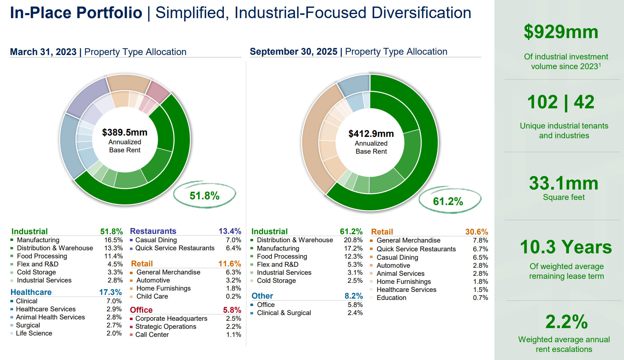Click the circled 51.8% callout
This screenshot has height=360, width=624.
(x=204, y=196)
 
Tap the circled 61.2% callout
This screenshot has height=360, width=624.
(x=448, y=201)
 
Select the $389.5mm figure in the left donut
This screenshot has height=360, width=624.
(x=125, y=133)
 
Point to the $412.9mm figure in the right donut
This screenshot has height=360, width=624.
(x=371, y=134)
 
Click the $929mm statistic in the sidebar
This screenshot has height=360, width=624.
(x=561, y=32)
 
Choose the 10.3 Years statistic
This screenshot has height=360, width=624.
(x=566, y=247)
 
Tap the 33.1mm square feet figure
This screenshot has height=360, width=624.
(x=564, y=184)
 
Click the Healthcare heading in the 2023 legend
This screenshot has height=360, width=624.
(x=31, y=292)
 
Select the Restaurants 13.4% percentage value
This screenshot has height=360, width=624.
(x=230, y=231)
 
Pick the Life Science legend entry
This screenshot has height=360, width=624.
(x=34, y=333)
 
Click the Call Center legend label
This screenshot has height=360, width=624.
(x=152, y=335)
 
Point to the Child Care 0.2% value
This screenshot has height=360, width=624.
(x=233, y=296)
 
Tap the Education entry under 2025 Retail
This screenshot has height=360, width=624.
(x=391, y=298)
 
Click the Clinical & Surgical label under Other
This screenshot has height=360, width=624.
(x=284, y=313)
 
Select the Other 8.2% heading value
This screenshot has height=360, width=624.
(x=353, y=296)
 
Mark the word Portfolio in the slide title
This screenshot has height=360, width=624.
(x=109, y=13)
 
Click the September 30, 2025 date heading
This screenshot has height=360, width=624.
(x=293, y=52)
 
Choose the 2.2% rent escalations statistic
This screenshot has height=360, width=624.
(x=566, y=322)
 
